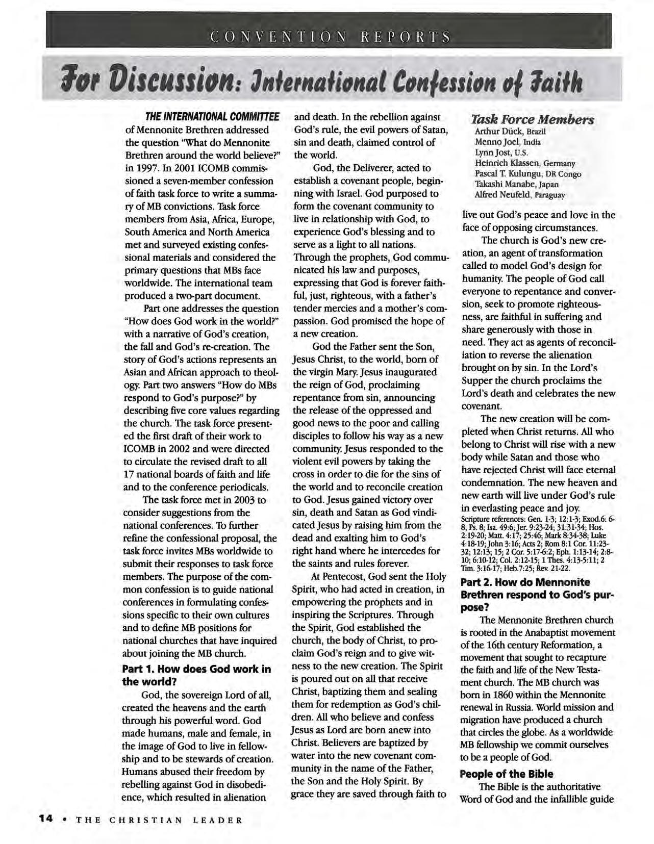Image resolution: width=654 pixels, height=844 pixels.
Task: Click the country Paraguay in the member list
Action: [x=547, y=195]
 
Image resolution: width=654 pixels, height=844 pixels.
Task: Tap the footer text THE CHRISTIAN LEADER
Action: [x=159, y=821]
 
